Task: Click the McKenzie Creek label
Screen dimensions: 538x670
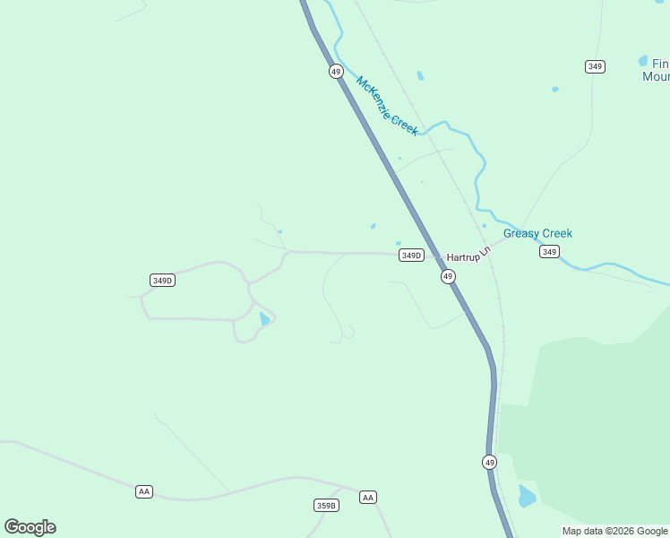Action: click(387, 106)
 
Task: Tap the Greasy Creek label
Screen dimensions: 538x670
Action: click(537, 234)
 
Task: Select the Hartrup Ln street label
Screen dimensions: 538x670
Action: click(469, 255)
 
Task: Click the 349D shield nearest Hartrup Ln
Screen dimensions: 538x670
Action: click(411, 256)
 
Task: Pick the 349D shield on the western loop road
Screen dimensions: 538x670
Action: click(162, 281)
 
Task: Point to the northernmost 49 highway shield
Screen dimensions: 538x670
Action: click(336, 71)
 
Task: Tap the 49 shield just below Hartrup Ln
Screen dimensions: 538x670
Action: click(448, 277)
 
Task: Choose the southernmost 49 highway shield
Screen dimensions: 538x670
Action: click(489, 462)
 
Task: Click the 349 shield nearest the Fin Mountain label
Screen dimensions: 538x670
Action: click(595, 66)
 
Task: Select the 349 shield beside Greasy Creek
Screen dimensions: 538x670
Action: click(549, 252)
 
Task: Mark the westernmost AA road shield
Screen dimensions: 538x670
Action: click(144, 491)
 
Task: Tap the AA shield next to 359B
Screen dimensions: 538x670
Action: click(367, 497)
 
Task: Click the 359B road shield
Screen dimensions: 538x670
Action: click(327, 506)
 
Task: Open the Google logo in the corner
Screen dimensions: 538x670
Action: click(30, 527)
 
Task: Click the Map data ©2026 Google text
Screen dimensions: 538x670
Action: click(614, 531)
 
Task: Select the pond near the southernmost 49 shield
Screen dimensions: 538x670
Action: click(527, 495)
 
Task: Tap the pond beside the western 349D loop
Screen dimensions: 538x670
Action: click(264, 318)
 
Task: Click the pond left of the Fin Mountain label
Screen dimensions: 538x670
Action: click(642, 61)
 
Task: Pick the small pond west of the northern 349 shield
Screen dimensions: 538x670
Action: click(554, 89)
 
